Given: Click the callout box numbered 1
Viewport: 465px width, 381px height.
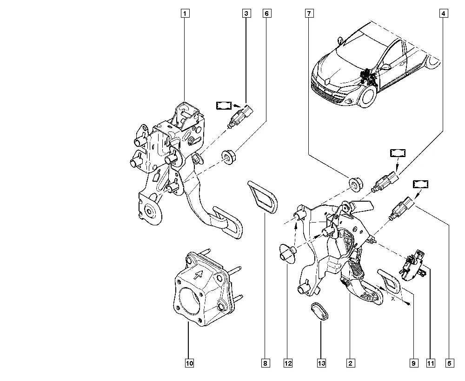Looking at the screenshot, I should click(185, 14).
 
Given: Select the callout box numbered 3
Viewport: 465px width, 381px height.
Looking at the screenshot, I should click(246, 14).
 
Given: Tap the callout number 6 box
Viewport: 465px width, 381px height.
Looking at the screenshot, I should click(266, 14).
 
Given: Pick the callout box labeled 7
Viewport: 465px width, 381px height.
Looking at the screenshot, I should click(308, 14).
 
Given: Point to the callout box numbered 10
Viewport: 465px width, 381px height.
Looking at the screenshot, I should click(189, 363).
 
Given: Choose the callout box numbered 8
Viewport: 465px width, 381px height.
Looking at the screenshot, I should click(265, 363).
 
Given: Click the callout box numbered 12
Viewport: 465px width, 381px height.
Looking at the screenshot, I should click(288, 363).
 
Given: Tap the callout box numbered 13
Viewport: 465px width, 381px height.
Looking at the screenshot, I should click(321, 363).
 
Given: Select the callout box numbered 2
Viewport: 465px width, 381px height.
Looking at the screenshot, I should click(350, 363).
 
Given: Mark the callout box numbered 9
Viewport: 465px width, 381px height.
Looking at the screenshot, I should click(412, 363).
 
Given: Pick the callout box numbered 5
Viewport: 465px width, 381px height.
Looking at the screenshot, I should click(449, 363).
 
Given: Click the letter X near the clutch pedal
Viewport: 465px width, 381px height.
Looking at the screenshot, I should click(393, 300).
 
